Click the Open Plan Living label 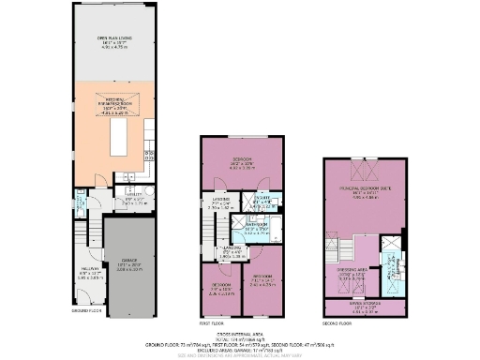pyautogui.click(x=118, y=40)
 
